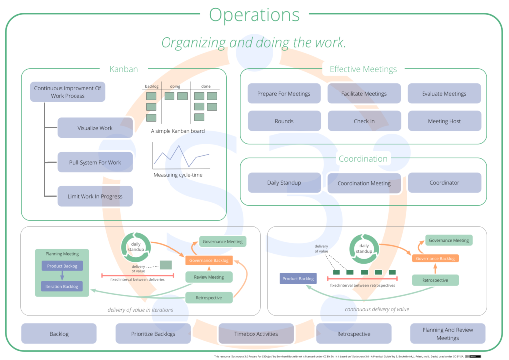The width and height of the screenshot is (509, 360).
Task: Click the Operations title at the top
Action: click(254, 15)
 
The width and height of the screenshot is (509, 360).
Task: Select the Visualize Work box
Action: click(95, 128)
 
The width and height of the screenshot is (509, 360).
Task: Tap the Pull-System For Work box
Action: click(95, 162)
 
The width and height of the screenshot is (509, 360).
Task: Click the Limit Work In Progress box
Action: click(95, 196)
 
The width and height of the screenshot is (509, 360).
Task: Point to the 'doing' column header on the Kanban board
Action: click(175, 86)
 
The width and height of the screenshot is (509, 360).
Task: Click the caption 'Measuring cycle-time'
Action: click(177, 175)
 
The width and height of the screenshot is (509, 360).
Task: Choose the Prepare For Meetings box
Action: click(284, 94)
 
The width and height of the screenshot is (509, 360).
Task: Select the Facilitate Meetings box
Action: click(364, 94)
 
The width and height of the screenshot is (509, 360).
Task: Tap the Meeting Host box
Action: click(444, 121)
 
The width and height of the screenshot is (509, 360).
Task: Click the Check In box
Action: click(364, 121)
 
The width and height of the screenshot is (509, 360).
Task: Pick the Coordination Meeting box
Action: click(364, 183)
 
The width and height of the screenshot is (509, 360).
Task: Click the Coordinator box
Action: click(444, 183)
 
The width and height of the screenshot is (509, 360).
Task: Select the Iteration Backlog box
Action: click(62, 287)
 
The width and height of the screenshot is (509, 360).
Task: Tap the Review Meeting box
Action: click(208, 277)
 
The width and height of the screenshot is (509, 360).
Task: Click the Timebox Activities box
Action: click(256, 334)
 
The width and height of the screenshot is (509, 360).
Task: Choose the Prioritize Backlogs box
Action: click(153, 334)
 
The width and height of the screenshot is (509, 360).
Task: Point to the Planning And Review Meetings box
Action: click(447, 334)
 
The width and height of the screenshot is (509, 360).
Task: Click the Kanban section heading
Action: click(123, 69)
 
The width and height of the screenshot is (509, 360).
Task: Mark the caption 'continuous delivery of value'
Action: click(377, 309)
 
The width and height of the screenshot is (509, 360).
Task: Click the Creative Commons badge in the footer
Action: click(474, 356)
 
